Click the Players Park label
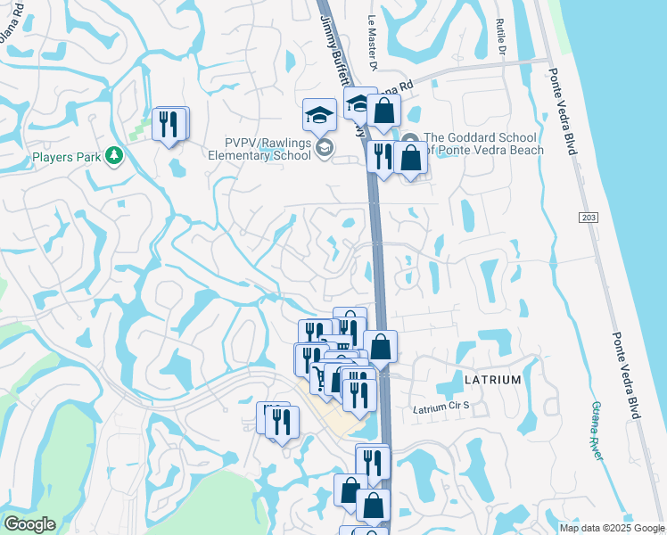[x=64, y=157]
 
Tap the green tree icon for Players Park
[x=113, y=157]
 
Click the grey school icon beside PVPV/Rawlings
[x=324, y=148]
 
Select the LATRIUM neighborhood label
[x=492, y=380]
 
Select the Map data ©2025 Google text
[x=612, y=528]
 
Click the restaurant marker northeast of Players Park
[x=169, y=124]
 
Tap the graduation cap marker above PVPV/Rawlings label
[x=318, y=114]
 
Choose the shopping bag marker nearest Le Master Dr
[x=383, y=111]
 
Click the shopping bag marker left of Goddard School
[x=410, y=159]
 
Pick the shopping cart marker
[x=322, y=378]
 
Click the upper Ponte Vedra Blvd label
[x=559, y=111]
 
